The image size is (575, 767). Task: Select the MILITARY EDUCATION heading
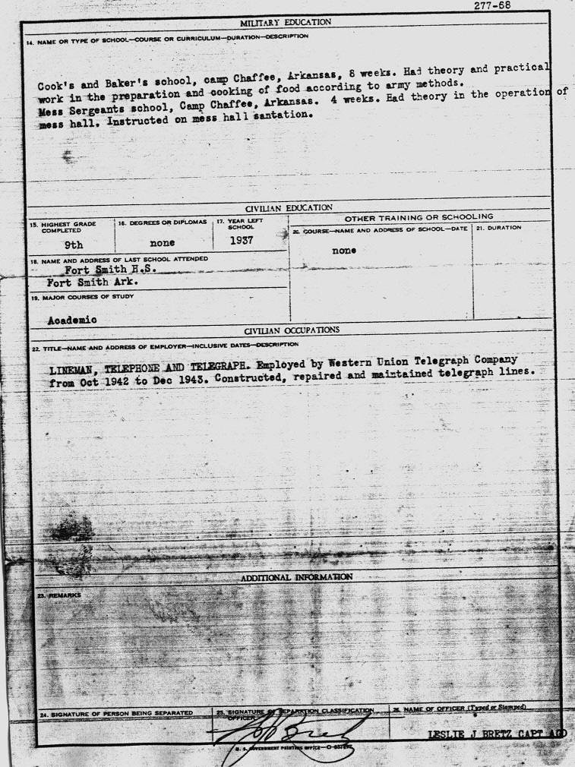click(x=286, y=22)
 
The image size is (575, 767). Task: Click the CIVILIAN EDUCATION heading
click(x=288, y=207)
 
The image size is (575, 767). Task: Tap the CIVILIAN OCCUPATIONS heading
click(x=291, y=331)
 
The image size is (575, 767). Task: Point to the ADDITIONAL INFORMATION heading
click(x=296, y=577)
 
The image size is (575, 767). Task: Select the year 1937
click(x=242, y=241)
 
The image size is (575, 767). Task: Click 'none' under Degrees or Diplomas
click(x=162, y=243)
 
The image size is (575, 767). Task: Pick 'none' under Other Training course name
click(x=344, y=251)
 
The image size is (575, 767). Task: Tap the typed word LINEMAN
click(x=75, y=365)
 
